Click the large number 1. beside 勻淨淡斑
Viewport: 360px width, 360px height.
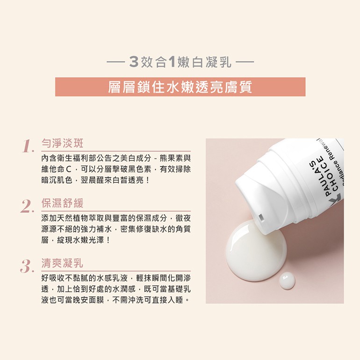pyautogui.click(x=28, y=146)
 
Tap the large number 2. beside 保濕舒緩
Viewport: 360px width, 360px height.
pyautogui.click(x=28, y=206)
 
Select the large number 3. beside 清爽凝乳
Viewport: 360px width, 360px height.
pyautogui.click(x=28, y=266)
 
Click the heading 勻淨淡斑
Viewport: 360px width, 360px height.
pyautogui.click(x=62, y=143)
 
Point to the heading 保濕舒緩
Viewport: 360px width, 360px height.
pyautogui.click(x=62, y=203)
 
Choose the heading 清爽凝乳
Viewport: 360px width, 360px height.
pyautogui.click(x=62, y=263)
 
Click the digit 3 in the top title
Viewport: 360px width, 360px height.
pyautogui.click(x=134, y=62)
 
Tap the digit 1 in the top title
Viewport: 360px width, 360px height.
pyautogui.click(x=172, y=62)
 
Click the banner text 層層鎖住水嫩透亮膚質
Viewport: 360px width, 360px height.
pyautogui.click(x=180, y=87)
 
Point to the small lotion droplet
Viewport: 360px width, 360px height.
pyautogui.click(x=287, y=281)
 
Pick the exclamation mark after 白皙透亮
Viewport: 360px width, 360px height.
pyautogui.click(x=147, y=180)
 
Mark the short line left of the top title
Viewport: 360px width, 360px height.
pyautogui.click(x=116, y=62)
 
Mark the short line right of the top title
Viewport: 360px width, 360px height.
pyautogui.click(x=245, y=62)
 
